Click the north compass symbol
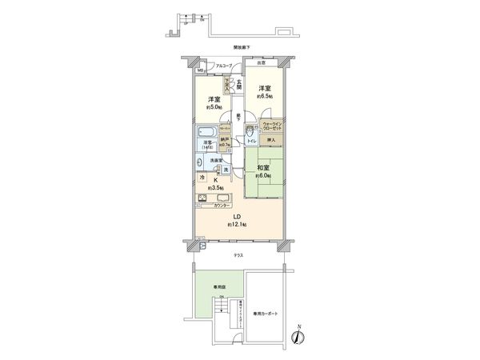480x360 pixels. pos(298,337)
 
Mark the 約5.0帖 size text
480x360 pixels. pos(213,106)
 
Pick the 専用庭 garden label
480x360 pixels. pos(217,286)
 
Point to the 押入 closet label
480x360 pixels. pos(271,141)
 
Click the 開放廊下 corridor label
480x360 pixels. pos(238,49)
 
